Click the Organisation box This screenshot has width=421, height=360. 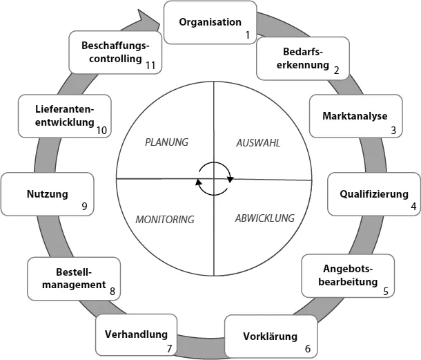[x=210, y=22]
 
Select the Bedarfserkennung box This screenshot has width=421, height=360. [x=303, y=58]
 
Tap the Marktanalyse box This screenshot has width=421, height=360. [x=355, y=116]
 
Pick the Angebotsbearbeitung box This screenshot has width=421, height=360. [x=348, y=275]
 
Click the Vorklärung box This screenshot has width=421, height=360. [x=271, y=337]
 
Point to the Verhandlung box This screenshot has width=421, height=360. [x=136, y=335]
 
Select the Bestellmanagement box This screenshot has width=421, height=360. [x=74, y=278]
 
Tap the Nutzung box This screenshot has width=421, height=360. [x=48, y=194]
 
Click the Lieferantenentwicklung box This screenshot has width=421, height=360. [x=65, y=116]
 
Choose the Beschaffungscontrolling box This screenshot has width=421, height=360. [x=115, y=52]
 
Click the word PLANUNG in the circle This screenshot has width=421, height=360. [x=166, y=142]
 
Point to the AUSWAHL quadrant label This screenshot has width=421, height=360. [x=259, y=142]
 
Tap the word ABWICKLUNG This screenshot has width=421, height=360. [x=264, y=218]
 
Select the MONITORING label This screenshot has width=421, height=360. [x=165, y=220]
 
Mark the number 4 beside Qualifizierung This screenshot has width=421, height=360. [x=413, y=206]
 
